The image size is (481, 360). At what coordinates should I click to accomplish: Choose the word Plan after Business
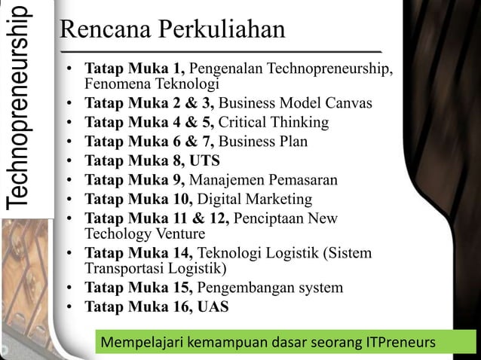point(292,142)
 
